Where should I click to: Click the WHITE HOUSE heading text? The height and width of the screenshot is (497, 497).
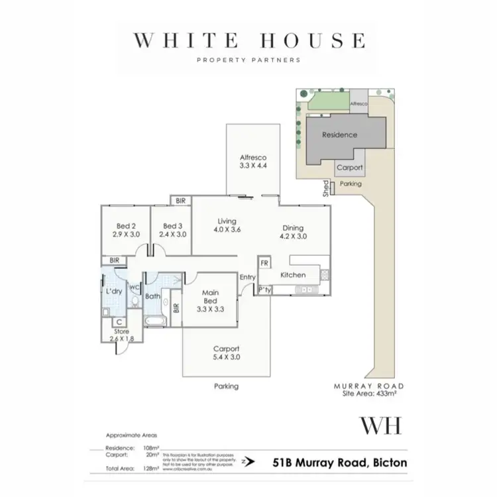(248, 40)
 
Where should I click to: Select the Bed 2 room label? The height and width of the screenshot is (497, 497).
(125, 229)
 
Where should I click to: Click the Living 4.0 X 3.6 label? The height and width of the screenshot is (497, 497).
(227, 226)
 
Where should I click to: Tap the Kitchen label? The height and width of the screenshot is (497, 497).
(292, 274)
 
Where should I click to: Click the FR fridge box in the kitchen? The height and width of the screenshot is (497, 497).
(263, 263)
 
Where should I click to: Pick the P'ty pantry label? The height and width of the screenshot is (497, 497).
(264, 290)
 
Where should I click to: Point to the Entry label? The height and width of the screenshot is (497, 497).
(247, 278)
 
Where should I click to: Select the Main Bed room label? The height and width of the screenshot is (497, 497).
(208, 303)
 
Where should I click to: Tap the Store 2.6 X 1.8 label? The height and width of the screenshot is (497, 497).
(122, 335)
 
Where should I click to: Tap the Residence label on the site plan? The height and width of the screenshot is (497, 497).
(339, 135)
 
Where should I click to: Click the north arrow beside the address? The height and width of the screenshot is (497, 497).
(247, 465)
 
